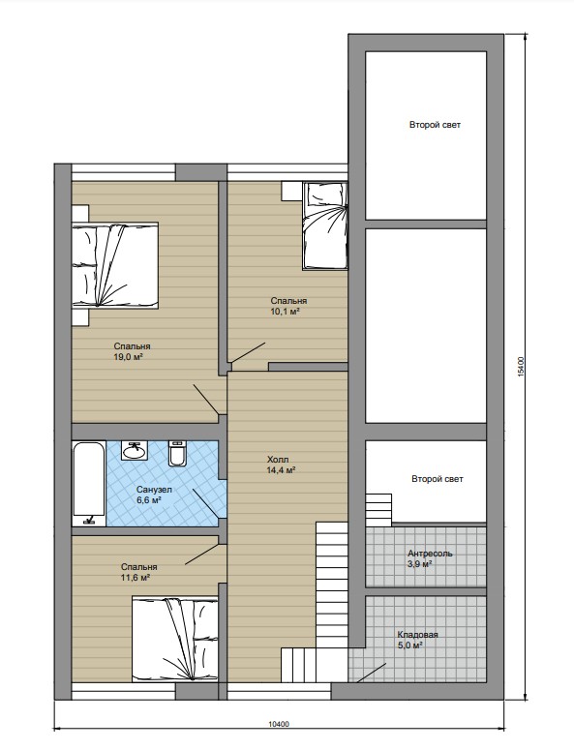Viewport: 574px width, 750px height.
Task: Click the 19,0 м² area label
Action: [129, 357]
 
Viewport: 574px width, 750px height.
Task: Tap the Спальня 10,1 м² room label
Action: [288, 306]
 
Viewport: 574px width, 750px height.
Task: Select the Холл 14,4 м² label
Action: [281, 465]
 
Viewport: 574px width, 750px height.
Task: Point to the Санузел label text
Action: [154, 490]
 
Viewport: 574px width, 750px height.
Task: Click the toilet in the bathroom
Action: [176, 453]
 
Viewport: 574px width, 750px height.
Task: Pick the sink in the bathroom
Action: [135, 450]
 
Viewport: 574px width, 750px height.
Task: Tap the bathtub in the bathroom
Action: [89, 484]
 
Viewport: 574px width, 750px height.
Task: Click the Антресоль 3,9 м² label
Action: [430, 558]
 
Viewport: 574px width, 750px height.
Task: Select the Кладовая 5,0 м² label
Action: [417, 640]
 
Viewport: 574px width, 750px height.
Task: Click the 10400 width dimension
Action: [279, 724]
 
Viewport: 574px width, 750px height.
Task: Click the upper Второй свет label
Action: [435, 125]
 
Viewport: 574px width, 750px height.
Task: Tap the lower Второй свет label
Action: [438, 479]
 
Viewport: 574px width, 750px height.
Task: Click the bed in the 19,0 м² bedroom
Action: [115, 265]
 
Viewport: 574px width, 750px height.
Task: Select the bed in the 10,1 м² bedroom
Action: [324, 225]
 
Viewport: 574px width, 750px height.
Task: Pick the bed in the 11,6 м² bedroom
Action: [175, 638]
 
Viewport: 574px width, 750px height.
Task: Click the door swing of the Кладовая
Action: [372, 673]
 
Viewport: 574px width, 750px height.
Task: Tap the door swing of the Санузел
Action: [209, 503]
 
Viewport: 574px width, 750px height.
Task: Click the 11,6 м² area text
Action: [136, 578]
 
